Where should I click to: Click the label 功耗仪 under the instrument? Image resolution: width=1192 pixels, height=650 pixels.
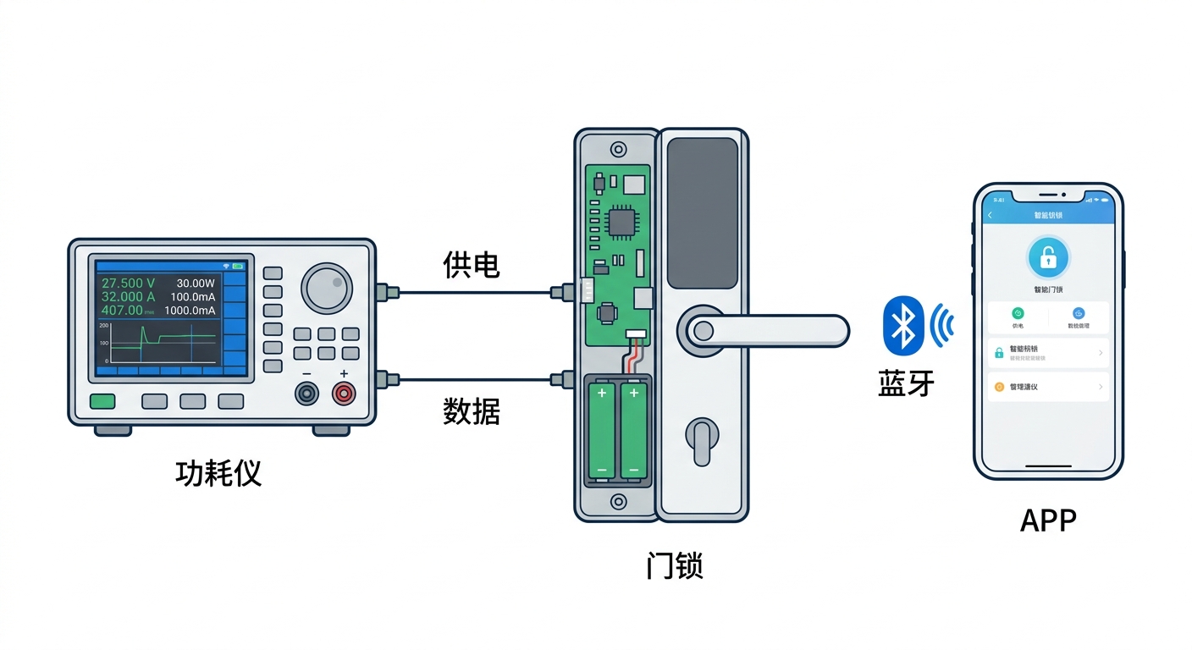point(218,473)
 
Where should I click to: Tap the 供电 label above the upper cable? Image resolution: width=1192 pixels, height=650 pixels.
point(472,265)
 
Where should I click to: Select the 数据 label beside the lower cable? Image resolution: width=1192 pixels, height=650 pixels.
point(472,411)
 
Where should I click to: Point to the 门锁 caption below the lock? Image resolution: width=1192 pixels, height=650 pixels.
point(674,565)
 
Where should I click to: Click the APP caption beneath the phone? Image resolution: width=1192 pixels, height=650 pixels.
point(1048,521)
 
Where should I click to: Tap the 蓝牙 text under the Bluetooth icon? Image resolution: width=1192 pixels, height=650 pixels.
point(907,383)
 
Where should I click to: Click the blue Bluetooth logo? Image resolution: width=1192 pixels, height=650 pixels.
point(903,325)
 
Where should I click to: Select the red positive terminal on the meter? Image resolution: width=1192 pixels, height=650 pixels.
point(344,393)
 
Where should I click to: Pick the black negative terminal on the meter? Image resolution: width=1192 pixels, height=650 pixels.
point(306,393)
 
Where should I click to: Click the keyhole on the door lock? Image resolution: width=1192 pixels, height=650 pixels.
point(702,441)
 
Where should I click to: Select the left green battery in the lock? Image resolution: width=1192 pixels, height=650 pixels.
point(602,429)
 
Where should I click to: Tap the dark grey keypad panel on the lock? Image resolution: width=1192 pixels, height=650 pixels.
point(702,213)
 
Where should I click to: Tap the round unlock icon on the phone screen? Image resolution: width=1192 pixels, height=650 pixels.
point(1048,257)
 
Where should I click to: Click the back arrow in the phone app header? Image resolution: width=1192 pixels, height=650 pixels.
point(991,216)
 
